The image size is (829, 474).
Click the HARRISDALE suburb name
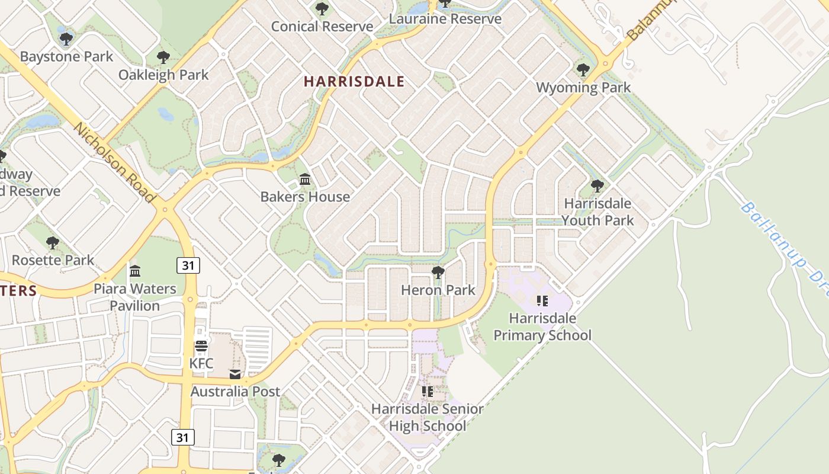(x=354, y=82)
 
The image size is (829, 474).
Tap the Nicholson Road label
(x=115, y=163)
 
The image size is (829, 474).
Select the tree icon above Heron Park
(x=438, y=273)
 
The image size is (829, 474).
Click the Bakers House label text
(x=305, y=197)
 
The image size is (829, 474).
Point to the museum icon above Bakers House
(x=305, y=179)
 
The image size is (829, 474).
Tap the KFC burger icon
(x=201, y=346)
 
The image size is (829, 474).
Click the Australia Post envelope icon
(x=235, y=374)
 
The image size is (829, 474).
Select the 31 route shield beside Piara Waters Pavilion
(x=188, y=265)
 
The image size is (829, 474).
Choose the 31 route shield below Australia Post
(x=183, y=437)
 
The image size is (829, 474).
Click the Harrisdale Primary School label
(x=542, y=326)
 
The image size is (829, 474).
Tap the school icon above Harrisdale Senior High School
(x=427, y=391)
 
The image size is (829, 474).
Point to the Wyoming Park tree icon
(x=583, y=70)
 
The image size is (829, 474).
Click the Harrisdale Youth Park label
(x=597, y=212)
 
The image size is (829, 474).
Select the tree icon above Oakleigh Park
(x=163, y=57)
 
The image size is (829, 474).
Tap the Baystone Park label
(x=66, y=57)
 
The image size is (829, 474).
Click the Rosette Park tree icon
(x=53, y=242)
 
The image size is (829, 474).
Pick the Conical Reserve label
(x=322, y=27)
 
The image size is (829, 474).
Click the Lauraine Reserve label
(x=445, y=19)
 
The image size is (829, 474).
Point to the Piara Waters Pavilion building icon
(x=135, y=271)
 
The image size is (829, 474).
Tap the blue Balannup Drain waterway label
(x=785, y=243)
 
